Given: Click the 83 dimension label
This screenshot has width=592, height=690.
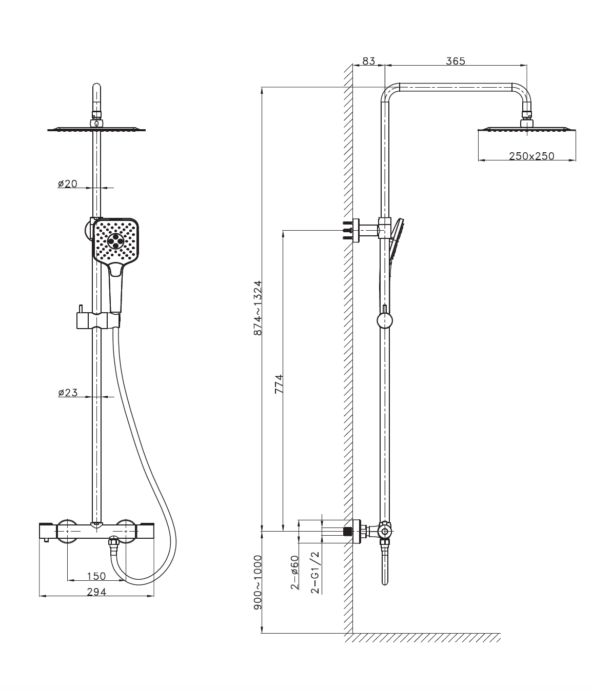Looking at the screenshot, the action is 368,61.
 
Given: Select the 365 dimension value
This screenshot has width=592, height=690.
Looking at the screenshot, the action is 456,61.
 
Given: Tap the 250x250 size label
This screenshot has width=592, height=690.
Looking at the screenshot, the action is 531,156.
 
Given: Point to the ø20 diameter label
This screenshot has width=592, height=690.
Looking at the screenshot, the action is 68,184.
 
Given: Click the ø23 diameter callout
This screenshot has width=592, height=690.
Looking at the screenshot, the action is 68,393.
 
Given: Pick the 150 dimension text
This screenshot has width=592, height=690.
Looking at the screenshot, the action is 96,576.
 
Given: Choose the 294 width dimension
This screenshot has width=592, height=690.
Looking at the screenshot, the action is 96,592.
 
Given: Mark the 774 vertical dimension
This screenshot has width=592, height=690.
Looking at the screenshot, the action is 279,384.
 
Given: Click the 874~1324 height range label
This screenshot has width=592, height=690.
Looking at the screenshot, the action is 258,308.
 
